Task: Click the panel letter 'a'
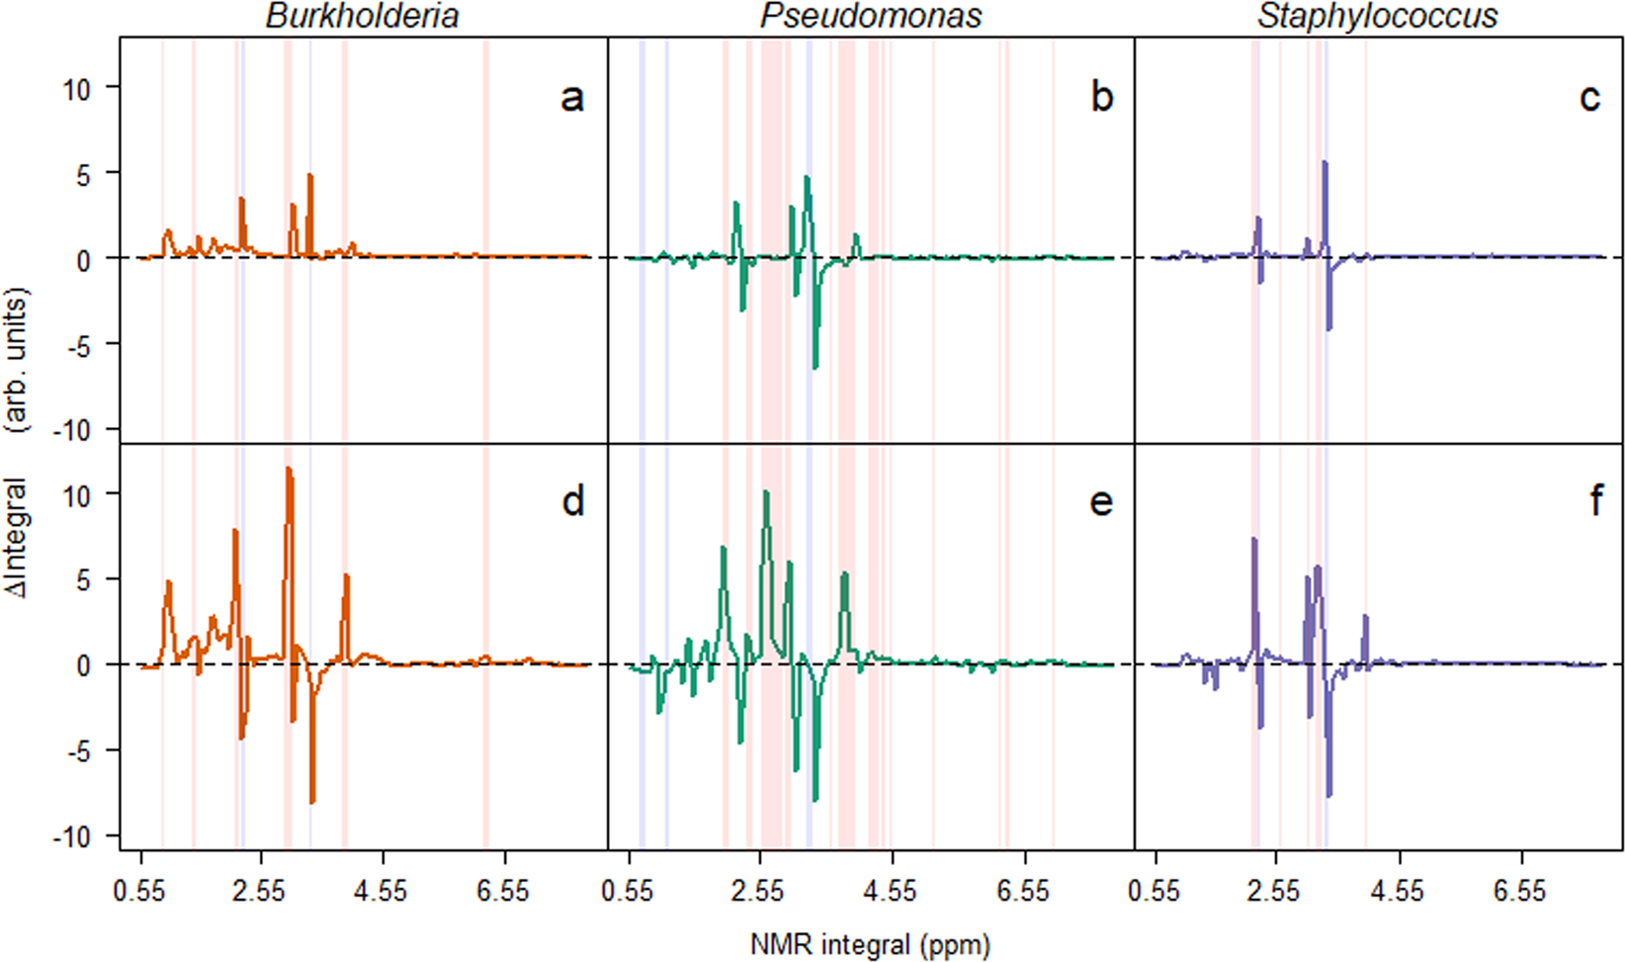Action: tap(571, 98)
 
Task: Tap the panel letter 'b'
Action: tap(1101, 98)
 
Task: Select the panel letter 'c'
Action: tap(1589, 98)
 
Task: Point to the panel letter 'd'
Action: tap(572, 501)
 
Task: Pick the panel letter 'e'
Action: tap(1101, 502)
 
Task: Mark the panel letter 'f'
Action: tap(1594, 501)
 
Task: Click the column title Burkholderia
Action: tap(362, 16)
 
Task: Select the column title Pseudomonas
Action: tap(870, 16)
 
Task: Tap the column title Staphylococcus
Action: tap(1377, 16)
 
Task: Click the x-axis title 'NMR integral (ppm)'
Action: tap(870, 944)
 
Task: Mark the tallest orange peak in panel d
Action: tap(288, 469)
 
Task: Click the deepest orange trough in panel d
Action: tap(312, 802)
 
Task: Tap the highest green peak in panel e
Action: tap(766, 492)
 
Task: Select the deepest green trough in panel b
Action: tap(815, 368)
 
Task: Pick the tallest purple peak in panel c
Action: tap(1325, 163)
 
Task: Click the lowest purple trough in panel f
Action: tap(1329, 795)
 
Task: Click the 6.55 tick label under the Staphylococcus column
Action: tap(1519, 891)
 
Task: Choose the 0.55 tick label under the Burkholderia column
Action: tap(140, 891)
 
